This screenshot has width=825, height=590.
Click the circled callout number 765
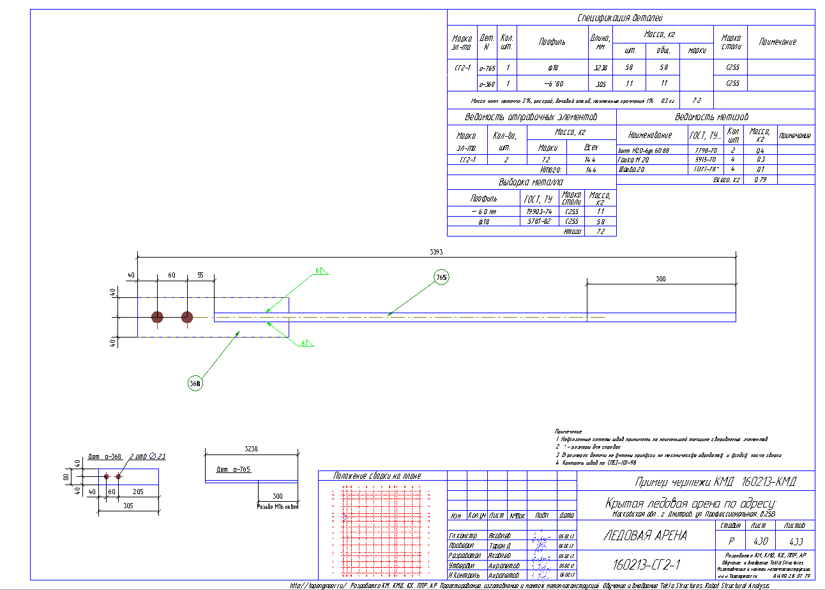[441, 277]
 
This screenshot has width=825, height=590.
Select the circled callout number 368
[195, 384]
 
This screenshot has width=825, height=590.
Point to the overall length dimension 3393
[436, 251]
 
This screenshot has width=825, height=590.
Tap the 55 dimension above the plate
[200, 275]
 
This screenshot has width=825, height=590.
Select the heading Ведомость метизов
[711, 118]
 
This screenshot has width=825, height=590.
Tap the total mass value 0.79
[760, 180]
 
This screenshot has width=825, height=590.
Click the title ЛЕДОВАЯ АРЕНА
[645, 536]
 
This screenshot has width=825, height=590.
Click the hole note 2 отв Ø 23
[148, 456]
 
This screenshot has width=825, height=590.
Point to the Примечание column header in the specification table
[777, 42]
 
